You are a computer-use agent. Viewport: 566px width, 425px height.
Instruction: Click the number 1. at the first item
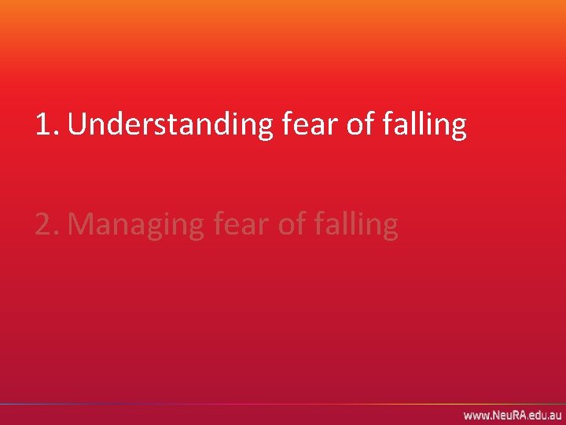click(48, 124)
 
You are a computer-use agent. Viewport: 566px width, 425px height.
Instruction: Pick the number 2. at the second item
click(48, 224)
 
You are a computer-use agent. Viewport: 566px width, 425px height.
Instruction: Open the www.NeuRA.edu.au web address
click(512, 415)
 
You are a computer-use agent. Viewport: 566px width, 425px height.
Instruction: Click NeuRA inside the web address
click(508, 415)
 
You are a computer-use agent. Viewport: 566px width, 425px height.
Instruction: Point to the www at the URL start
click(475, 415)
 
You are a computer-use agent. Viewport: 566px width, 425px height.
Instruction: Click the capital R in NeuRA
click(514, 415)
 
